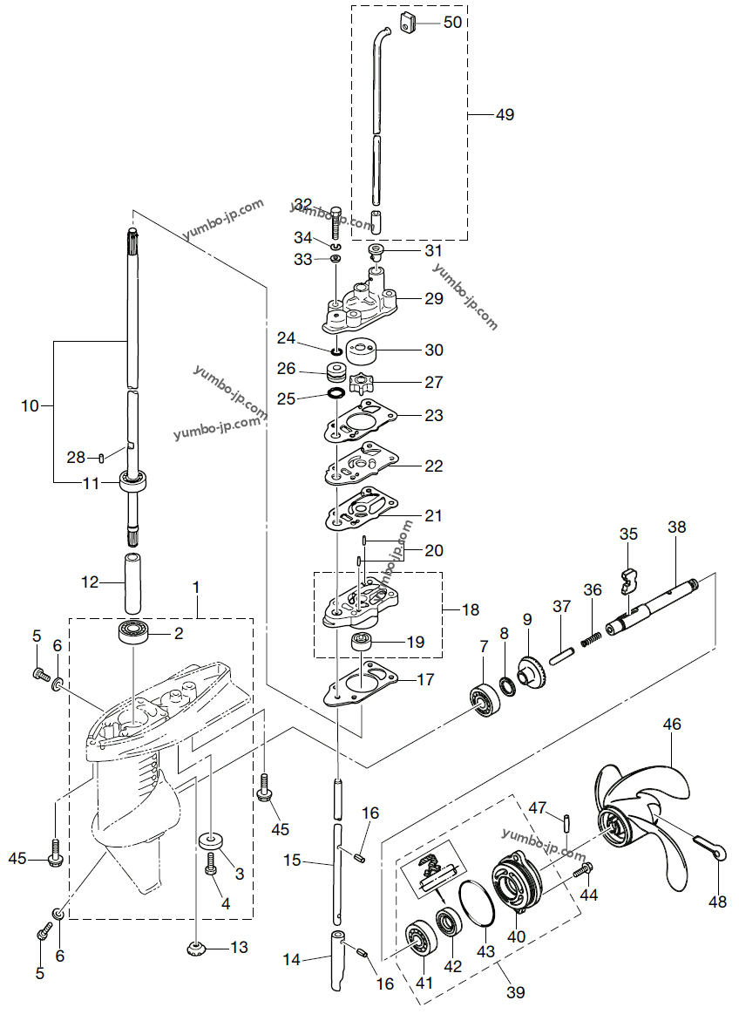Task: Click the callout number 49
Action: click(x=505, y=115)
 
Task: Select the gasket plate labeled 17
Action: click(x=361, y=682)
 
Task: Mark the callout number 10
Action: click(x=31, y=406)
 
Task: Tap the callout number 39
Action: click(x=515, y=992)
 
